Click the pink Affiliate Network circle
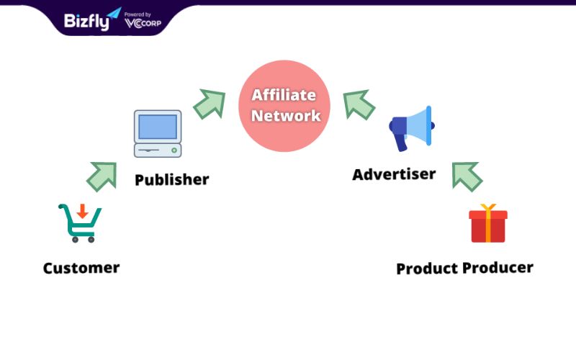pos(284,106)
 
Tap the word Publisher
pos(172,179)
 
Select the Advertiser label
pos(394,174)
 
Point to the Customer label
pos(81,268)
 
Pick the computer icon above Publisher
pos(158,134)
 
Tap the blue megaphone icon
pos(412,129)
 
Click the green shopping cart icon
pos(80,223)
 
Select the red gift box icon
pos(488,223)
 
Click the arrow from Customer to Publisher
pos(102,176)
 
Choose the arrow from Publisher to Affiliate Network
pos(210,104)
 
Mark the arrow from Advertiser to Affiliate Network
pos(359,104)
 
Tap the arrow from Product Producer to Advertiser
pos(467,176)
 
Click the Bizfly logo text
pos(86,22)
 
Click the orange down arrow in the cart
pos(82,211)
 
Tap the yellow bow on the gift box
pos(488,207)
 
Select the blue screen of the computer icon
pos(158,127)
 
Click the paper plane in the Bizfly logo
pos(114,13)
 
